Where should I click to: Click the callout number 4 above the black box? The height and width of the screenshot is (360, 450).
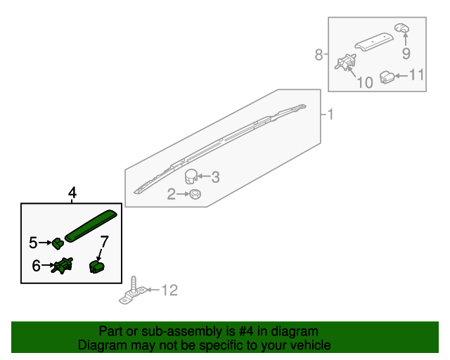coord(72,193)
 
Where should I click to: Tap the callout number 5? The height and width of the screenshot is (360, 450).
coord(33,243)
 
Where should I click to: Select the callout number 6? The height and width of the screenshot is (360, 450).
coord(36,266)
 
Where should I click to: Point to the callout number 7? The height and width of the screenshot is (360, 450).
coord(105,242)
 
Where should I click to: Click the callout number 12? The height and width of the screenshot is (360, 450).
coord(170,290)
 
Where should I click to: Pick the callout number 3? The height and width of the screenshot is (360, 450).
coord(216,177)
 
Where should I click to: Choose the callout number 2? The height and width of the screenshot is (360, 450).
coord(172,194)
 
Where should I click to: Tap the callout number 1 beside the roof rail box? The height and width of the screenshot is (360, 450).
coord(330,115)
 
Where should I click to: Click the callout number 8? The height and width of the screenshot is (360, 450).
coord(319,55)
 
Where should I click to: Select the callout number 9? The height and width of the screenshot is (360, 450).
coord(406,53)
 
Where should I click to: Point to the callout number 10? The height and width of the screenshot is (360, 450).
coord(365,83)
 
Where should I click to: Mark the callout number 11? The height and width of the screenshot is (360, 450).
coord(416,75)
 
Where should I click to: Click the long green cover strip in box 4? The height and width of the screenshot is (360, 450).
coord(91,226)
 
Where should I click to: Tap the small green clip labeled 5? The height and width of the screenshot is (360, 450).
coord(58,243)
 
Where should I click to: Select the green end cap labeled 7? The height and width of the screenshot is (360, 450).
coord(97,266)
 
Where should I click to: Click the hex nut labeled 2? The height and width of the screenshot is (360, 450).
coord(195,194)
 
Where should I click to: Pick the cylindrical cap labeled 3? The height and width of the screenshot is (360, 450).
coord(191,176)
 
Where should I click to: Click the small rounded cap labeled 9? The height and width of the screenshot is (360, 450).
coord(401,28)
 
